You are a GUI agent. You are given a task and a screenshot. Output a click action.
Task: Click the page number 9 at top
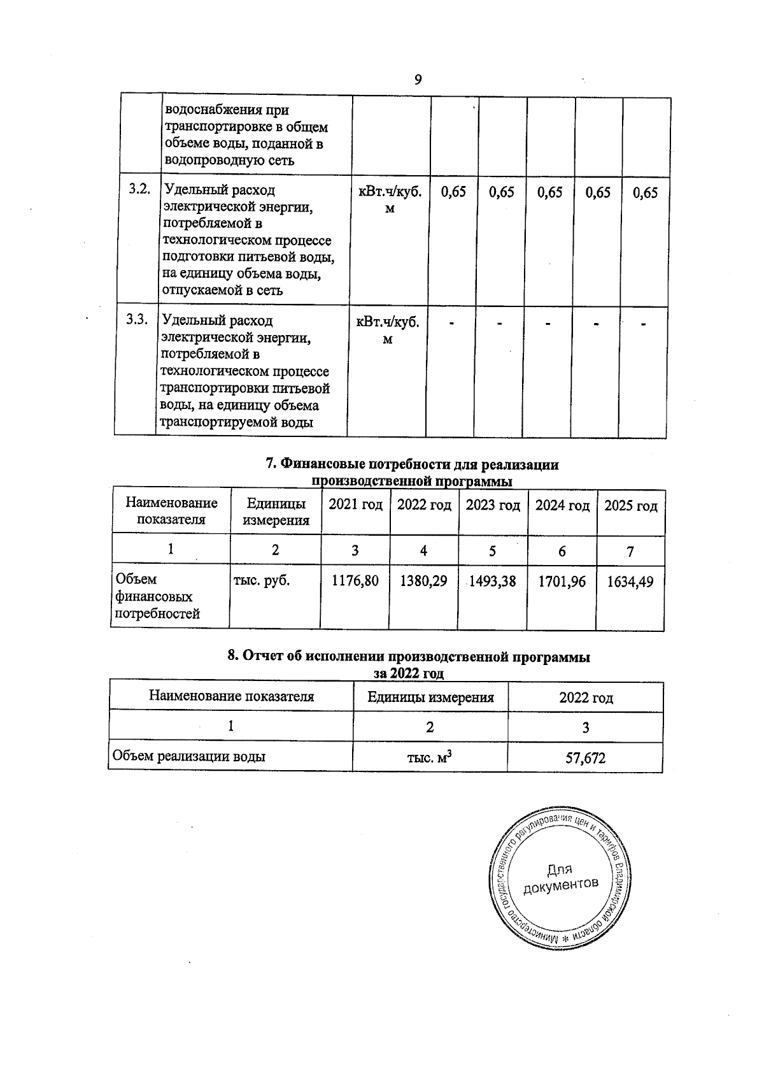coord(418,80)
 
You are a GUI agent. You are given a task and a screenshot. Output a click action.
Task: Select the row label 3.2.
coord(139,189)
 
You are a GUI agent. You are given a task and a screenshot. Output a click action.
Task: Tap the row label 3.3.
coord(137,320)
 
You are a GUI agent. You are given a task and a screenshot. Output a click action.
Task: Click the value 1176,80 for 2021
coord(355,581)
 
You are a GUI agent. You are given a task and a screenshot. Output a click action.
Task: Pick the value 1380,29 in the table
coord(423,581)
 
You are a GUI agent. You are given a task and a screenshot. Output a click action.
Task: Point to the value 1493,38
coord(492,581)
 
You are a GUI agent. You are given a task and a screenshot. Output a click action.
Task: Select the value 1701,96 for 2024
coord(562,581)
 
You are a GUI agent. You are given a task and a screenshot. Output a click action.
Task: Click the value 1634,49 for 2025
coord(630,581)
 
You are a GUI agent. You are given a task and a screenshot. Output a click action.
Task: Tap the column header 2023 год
coord(493,506)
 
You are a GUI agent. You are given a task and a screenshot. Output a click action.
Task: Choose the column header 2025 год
coord(630,506)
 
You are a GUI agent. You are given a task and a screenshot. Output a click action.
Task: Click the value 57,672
coord(585,758)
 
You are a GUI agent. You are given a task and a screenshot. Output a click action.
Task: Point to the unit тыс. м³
coord(430,757)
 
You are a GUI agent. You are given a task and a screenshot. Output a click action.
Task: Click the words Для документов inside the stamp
coord(560,878)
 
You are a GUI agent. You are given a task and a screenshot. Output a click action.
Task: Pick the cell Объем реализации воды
coord(189,757)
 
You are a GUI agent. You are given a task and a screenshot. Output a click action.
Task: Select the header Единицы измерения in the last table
coord(430,697)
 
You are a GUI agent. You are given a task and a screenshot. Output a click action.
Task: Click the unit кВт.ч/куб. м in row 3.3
coord(387,330)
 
